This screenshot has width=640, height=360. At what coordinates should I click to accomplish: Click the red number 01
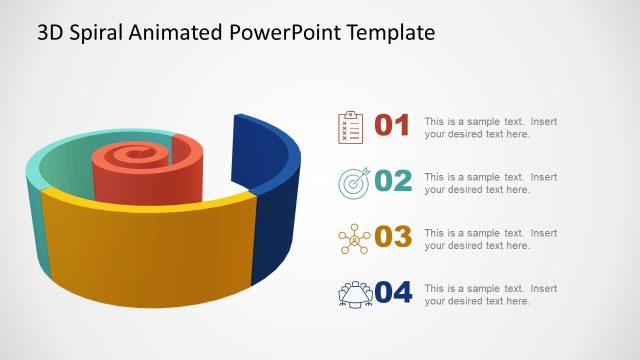click(392, 126)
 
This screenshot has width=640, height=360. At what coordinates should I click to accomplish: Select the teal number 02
click(392, 182)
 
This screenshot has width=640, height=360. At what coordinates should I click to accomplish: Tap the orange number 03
click(392, 237)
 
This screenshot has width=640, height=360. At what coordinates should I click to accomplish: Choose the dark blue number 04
click(392, 293)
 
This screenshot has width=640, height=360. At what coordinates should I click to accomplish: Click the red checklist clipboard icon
click(351, 127)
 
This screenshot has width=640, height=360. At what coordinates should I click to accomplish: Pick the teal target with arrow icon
click(353, 182)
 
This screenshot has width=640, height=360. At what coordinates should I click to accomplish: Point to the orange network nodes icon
click(353, 238)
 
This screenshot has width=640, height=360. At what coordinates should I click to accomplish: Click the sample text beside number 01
click(490, 127)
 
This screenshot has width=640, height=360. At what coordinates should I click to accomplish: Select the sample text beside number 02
click(490, 183)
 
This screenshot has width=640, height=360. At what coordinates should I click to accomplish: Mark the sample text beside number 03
click(490, 238)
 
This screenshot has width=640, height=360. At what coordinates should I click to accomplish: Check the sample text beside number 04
click(490, 294)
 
